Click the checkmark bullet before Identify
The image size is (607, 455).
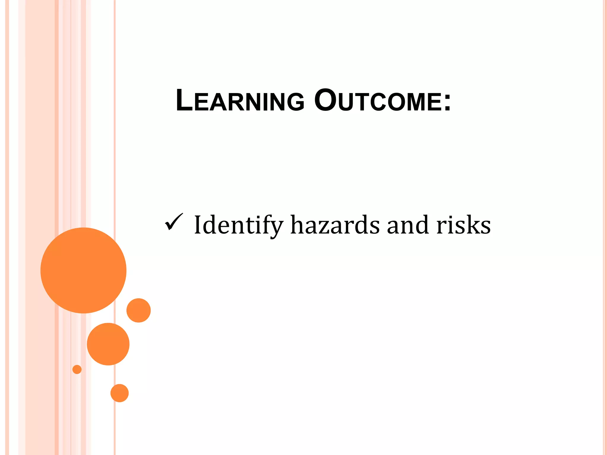tap(174, 222)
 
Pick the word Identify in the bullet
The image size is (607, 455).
tap(239, 225)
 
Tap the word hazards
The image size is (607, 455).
tap(335, 225)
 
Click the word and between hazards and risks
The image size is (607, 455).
tap(408, 225)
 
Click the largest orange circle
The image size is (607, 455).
tap(83, 270)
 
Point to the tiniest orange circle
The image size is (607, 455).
tap(77, 369)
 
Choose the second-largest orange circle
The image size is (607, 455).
tap(108, 344)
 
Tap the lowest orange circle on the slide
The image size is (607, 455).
tap(119, 393)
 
